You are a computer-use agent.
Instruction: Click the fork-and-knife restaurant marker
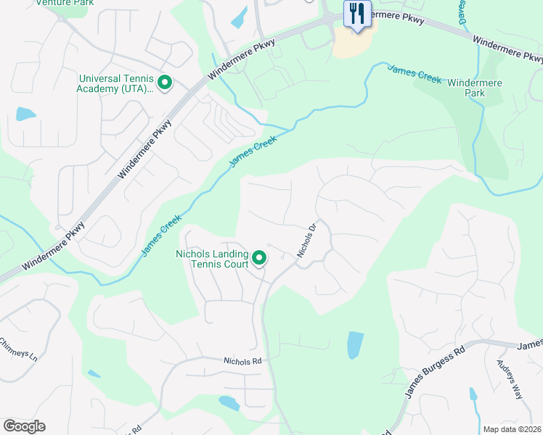[x=356, y=15]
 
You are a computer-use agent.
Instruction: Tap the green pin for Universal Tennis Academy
[x=165, y=83]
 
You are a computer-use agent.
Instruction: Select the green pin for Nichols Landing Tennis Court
[x=259, y=258]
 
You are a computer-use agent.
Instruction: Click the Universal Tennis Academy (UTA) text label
[x=116, y=83]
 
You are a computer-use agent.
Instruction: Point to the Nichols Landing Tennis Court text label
[x=211, y=259]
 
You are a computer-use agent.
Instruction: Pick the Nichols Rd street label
[x=242, y=360]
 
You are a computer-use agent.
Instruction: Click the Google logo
[x=24, y=426]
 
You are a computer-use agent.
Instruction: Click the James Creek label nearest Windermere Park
[x=415, y=74]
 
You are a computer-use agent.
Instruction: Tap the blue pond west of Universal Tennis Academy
[x=25, y=114]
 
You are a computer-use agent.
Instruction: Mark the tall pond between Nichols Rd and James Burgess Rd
[x=355, y=345]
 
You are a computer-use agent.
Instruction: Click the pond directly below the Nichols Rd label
[x=229, y=403]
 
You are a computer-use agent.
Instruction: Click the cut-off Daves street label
[x=462, y=12]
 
